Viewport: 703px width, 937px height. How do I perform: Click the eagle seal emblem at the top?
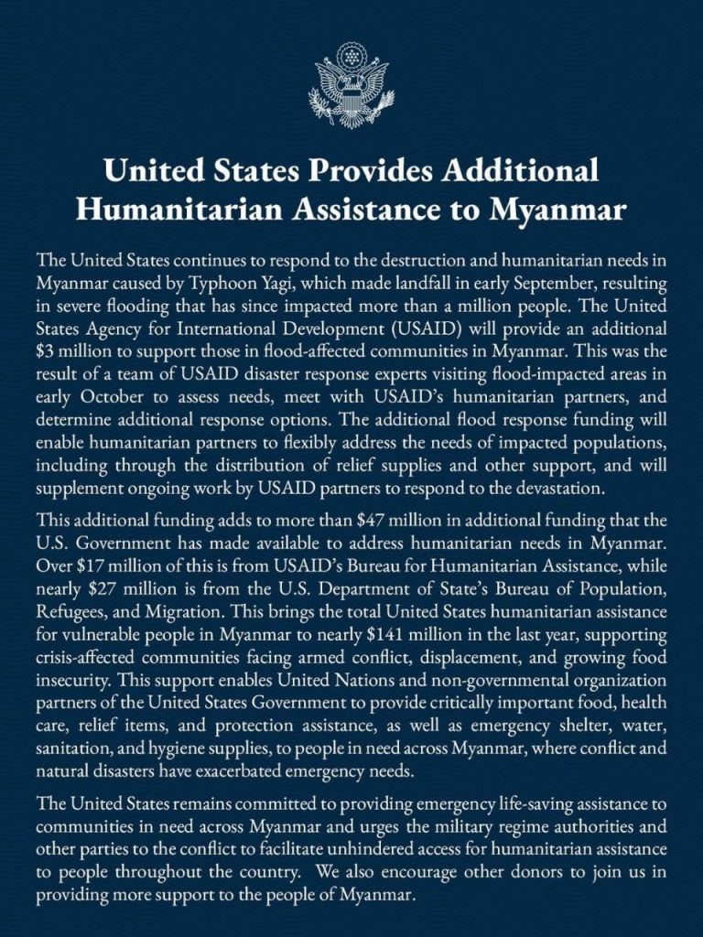[351, 84]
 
